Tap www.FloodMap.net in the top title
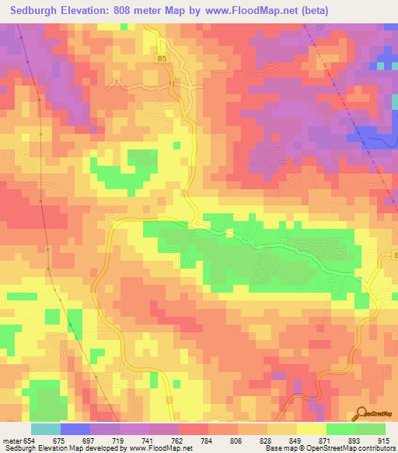pyautogui.click(x=249, y=11)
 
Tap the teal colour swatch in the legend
pyautogui.click(x=46, y=429)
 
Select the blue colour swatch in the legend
pyautogui.click(x=75, y=429)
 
